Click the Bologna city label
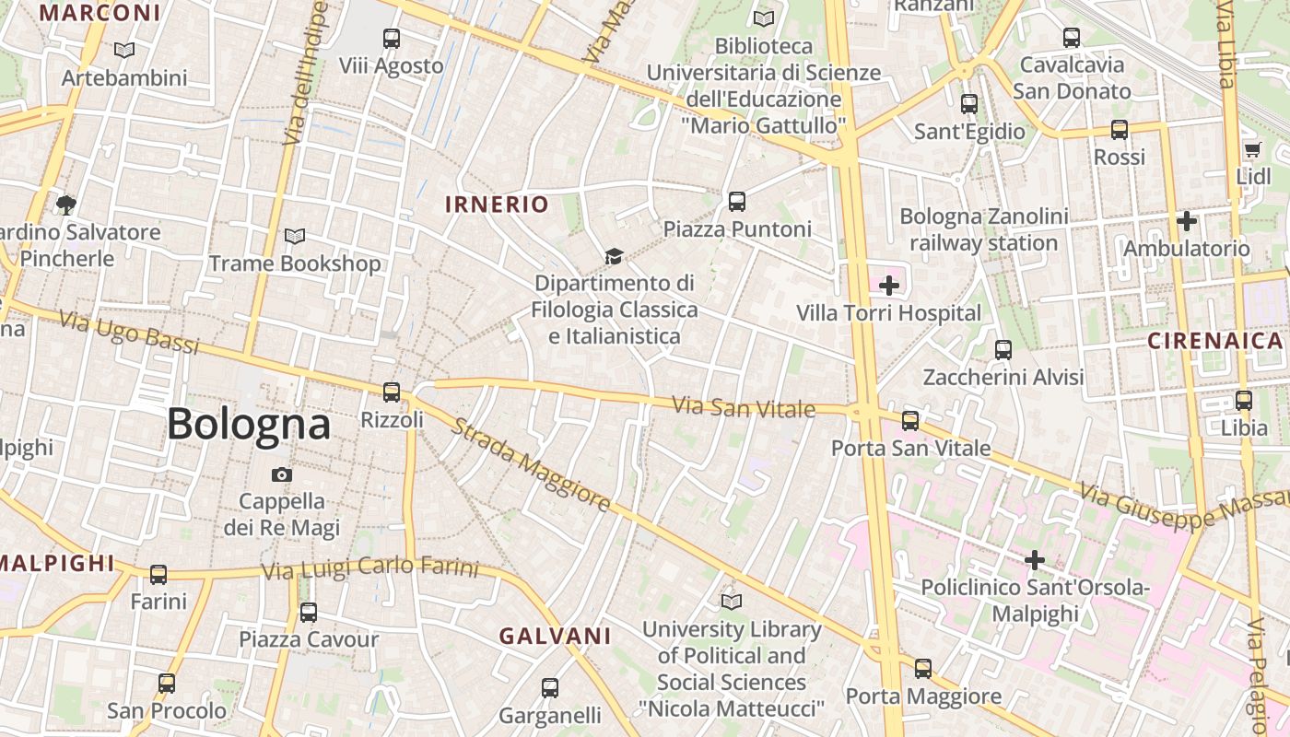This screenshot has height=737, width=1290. [248, 424]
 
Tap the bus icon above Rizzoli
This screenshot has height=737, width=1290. [392, 392]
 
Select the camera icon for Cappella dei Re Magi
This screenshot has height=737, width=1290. [282, 474]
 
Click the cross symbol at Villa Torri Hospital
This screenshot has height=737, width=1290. [889, 286]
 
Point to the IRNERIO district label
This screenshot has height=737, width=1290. [497, 205]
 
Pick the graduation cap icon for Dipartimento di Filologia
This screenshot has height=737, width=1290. [614, 256]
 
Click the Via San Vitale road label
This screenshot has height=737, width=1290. [744, 406]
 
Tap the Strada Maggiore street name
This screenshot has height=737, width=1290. [532, 466]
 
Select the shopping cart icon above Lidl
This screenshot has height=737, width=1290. [1251, 150]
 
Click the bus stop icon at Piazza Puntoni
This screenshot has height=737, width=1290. [736, 202]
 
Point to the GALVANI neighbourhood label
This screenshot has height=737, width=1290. [556, 636]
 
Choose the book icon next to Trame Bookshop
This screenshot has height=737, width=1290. [294, 237]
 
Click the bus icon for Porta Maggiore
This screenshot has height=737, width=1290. [923, 669]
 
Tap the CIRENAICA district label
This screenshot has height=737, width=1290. [1214, 341]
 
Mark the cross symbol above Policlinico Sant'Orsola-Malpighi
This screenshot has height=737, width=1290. [1035, 559]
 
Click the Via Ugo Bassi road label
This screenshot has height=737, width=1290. [129, 333]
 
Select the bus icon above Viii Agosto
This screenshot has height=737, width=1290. [392, 39]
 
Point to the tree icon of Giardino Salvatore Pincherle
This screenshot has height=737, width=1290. [65, 205]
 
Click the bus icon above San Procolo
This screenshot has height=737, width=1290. [167, 684]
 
